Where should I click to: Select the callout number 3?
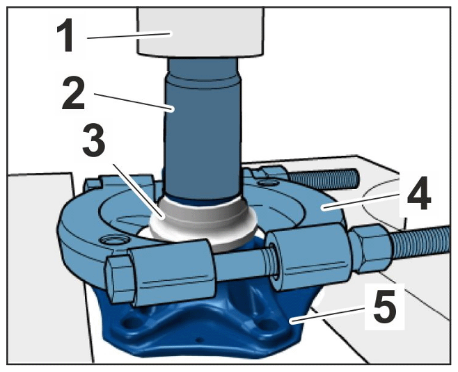pyautogui.click(x=94, y=139)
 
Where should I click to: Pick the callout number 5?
pyautogui.click(x=384, y=305)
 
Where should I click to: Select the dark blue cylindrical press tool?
pyautogui.click(x=203, y=129)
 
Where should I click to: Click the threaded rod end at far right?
pyautogui.click(x=420, y=241)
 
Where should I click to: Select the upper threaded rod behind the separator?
pyautogui.click(x=322, y=177)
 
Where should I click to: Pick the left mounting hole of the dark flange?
pyautogui.click(x=129, y=322)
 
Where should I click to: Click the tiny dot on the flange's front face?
pyautogui.click(x=199, y=340)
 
